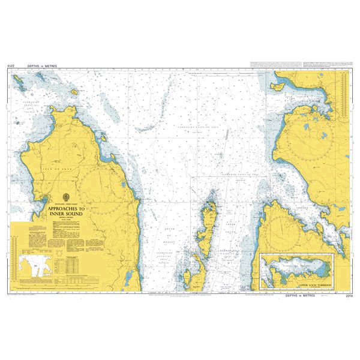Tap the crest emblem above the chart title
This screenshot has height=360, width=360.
[x=66, y=199]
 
